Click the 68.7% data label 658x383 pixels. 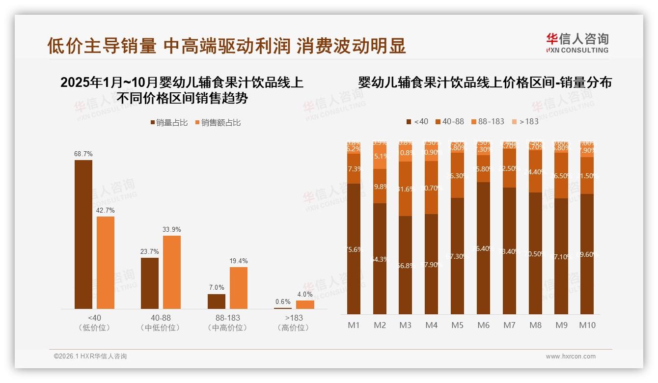83,154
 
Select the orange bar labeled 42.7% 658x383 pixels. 106,263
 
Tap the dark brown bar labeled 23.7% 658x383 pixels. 150,283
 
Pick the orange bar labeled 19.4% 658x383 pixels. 239,288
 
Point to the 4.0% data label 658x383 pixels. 305,295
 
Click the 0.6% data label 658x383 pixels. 283,302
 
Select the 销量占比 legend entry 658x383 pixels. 169,123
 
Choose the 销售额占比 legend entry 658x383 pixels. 218,123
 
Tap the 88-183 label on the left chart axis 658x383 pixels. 227,318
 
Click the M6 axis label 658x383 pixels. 484,325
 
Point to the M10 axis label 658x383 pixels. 587,325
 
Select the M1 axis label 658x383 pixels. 354,325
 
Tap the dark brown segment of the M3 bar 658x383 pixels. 406,265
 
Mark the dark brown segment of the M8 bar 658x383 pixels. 536,253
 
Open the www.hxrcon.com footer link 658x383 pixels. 571,356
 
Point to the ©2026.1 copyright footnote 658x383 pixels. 90,356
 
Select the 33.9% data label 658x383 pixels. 172,229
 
